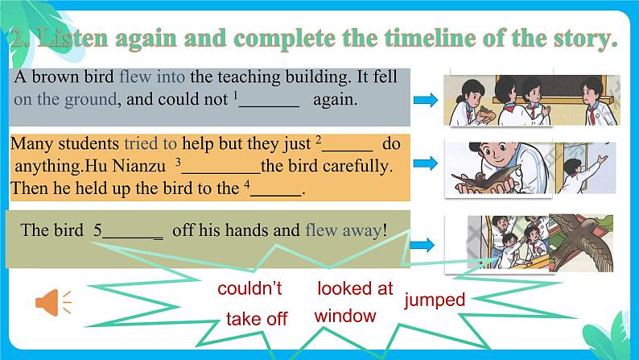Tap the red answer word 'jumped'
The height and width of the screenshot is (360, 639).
[x=435, y=300]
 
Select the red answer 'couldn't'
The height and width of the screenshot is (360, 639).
[x=250, y=288]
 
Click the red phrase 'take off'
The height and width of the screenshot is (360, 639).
[x=257, y=319]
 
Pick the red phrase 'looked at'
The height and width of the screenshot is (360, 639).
[x=355, y=288]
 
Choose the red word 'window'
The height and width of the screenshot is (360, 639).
[x=345, y=315]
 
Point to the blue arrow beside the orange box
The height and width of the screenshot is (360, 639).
[x=425, y=163]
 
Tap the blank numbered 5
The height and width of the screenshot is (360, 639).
[x=132, y=230]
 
